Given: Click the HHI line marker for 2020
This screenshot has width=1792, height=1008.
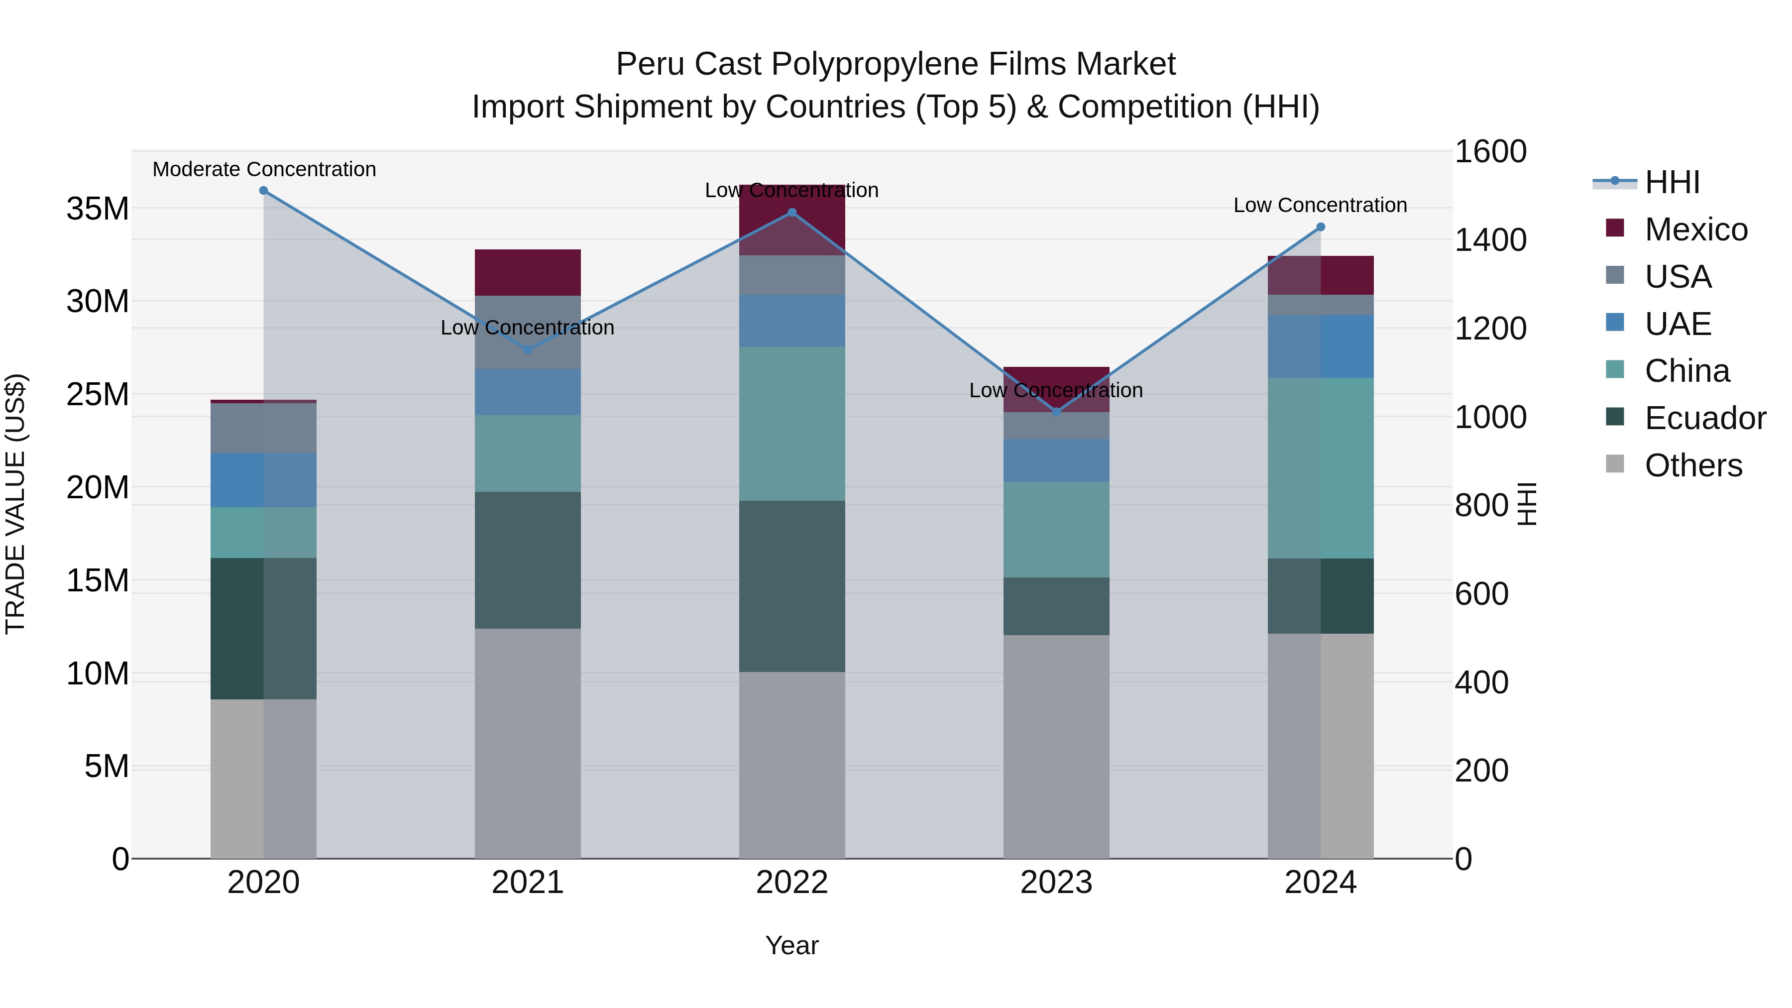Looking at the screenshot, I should pos(264,191).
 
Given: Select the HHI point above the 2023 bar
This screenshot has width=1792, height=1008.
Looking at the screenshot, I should pos(1056,412).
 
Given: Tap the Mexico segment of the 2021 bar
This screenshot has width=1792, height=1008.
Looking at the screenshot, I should pos(527,273).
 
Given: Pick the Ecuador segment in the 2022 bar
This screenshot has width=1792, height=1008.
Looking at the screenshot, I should pos(791,586).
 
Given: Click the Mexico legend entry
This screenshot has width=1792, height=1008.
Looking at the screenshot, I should pos(1695,229).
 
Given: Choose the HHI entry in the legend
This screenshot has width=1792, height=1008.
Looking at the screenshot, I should pos(1672,182).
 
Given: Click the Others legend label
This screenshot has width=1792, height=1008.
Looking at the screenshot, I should pos(1693,465).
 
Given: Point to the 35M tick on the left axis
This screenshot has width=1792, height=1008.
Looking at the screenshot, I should pos(98,209).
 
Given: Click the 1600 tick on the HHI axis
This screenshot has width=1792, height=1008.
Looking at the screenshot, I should pos(1491,152).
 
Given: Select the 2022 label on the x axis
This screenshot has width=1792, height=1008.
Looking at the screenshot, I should pos(791,883).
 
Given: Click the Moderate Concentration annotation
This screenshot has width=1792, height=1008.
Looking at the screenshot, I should pos(264,169).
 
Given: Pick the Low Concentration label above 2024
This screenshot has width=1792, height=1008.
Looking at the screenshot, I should pos(1320,205).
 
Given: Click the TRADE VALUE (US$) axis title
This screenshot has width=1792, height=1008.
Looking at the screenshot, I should pos(15,504).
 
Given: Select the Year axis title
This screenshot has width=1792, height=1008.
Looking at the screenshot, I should pos(791,945).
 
